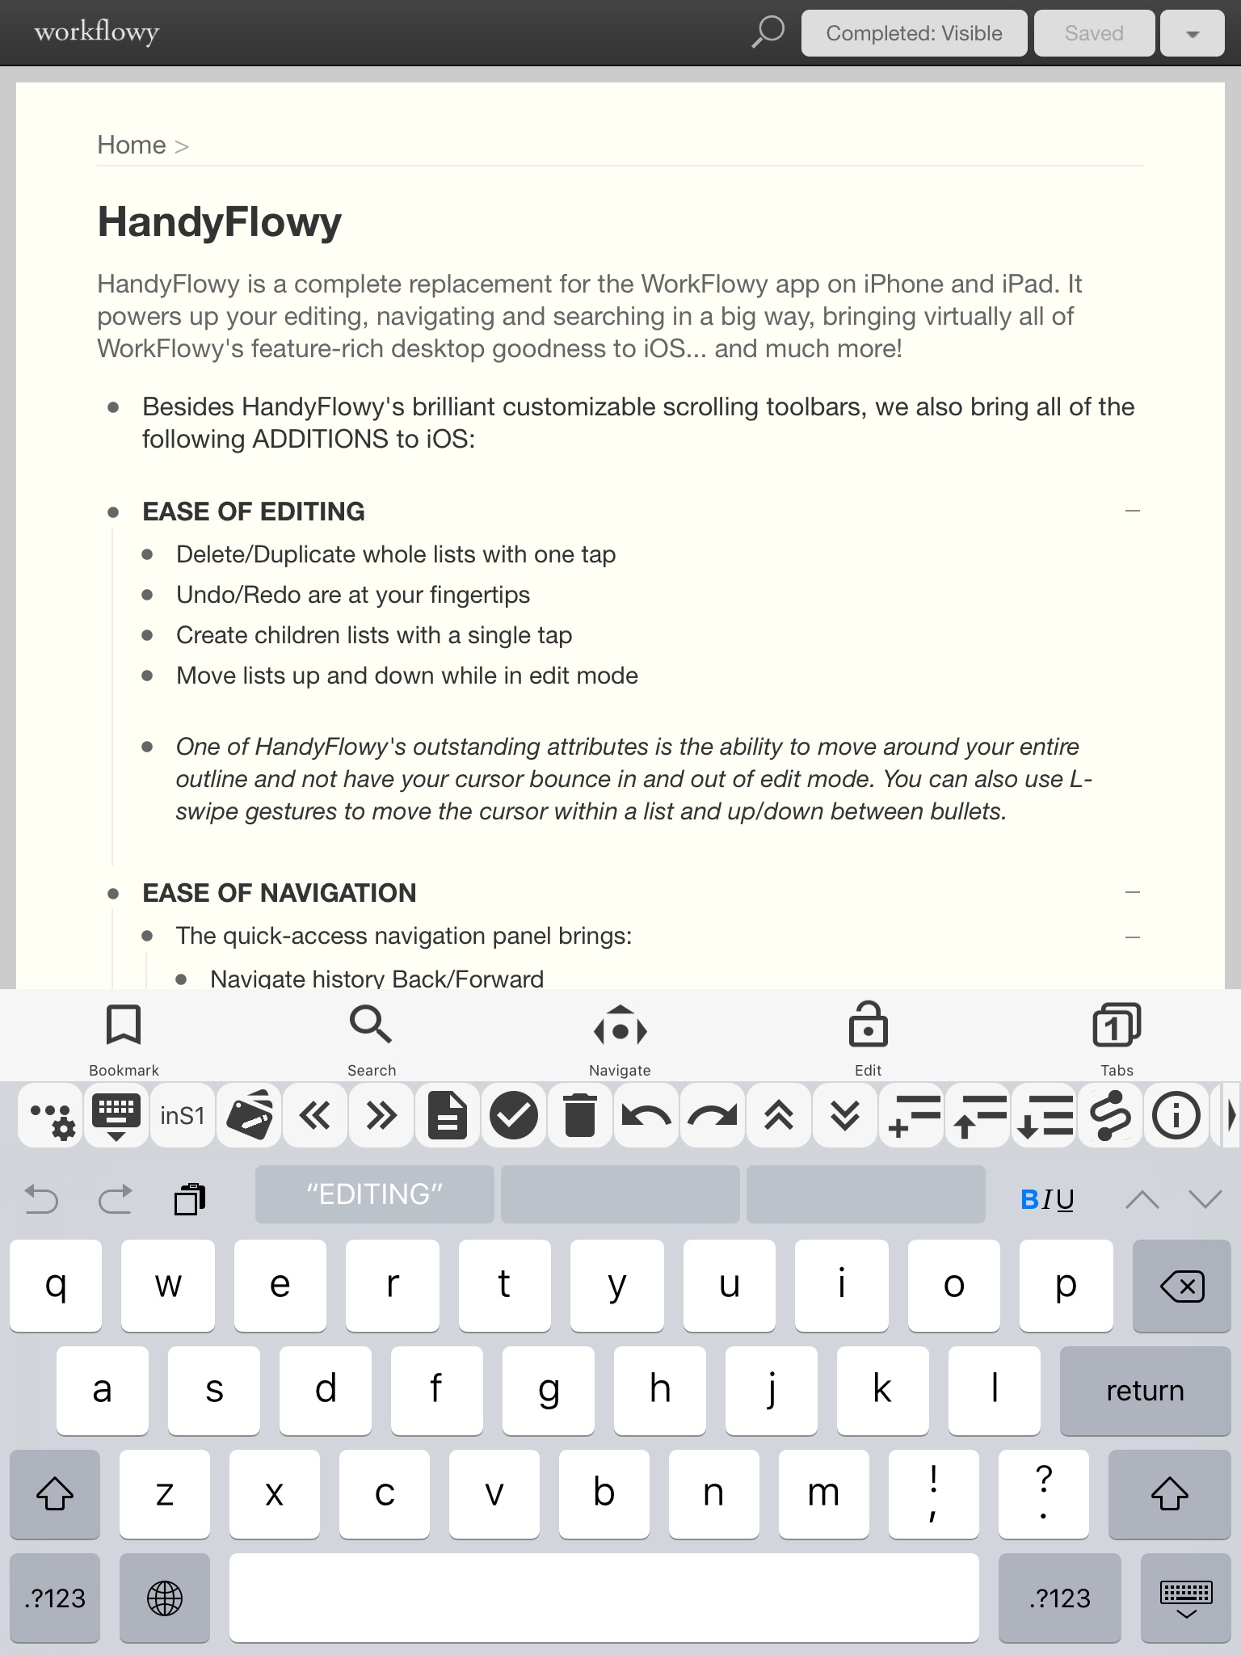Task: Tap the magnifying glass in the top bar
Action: (x=768, y=32)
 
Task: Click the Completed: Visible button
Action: (x=914, y=33)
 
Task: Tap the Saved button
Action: (x=1094, y=33)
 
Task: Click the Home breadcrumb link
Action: (x=132, y=145)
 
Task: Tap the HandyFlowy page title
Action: (x=220, y=221)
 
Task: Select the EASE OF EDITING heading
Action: (x=254, y=512)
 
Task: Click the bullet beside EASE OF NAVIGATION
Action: (x=114, y=893)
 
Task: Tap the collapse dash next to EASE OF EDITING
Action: (x=1133, y=511)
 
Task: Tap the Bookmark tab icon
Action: (x=124, y=1026)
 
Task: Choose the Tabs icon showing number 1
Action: (x=1117, y=1026)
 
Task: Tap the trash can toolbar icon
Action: (x=580, y=1116)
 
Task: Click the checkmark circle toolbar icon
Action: (x=514, y=1116)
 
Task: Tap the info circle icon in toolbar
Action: (x=1176, y=1116)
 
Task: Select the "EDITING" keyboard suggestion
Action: (x=375, y=1194)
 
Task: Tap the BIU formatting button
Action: (x=1048, y=1199)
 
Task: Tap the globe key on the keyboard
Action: (x=165, y=1598)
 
